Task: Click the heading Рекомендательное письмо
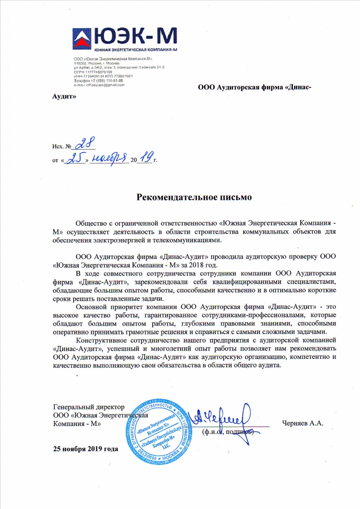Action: pyautogui.click(x=194, y=197)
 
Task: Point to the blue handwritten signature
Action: pyautogui.click(x=227, y=417)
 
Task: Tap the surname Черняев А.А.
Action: pyautogui.click(x=302, y=424)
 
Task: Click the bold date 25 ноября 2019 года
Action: pyautogui.click(x=86, y=449)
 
